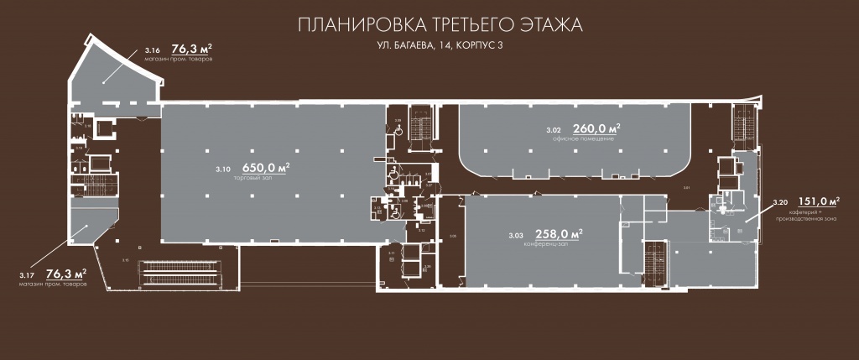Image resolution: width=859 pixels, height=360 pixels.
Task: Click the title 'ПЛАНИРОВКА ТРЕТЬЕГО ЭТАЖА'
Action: click(x=439, y=24)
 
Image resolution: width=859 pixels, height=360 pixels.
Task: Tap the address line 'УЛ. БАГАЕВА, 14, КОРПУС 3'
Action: click(x=439, y=48)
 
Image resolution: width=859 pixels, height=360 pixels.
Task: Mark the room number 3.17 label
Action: click(x=28, y=274)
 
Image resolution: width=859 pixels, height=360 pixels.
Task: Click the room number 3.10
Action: click(x=223, y=170)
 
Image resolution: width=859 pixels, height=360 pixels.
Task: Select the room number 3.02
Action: click(x=553, y=130)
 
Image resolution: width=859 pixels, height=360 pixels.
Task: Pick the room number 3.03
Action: click(x=515, y=235)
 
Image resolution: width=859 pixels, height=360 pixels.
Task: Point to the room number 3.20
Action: click(x=779, y=202)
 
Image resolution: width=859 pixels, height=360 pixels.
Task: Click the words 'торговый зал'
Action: click(x=265, y=178)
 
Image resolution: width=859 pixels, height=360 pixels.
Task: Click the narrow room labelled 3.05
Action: click(x=454, y=243)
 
